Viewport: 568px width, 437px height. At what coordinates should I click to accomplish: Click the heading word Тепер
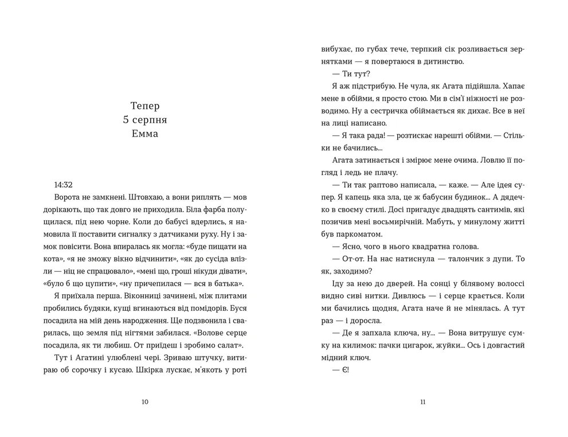[144, 106]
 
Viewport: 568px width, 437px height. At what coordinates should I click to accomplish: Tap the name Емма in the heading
[144, 134]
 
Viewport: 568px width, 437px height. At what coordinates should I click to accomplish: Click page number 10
[144, 402]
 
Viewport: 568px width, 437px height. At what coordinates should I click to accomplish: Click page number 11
[422, 402]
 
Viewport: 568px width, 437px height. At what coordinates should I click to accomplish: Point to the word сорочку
[87, 370]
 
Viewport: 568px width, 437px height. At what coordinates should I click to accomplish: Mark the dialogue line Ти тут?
[351, 74]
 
